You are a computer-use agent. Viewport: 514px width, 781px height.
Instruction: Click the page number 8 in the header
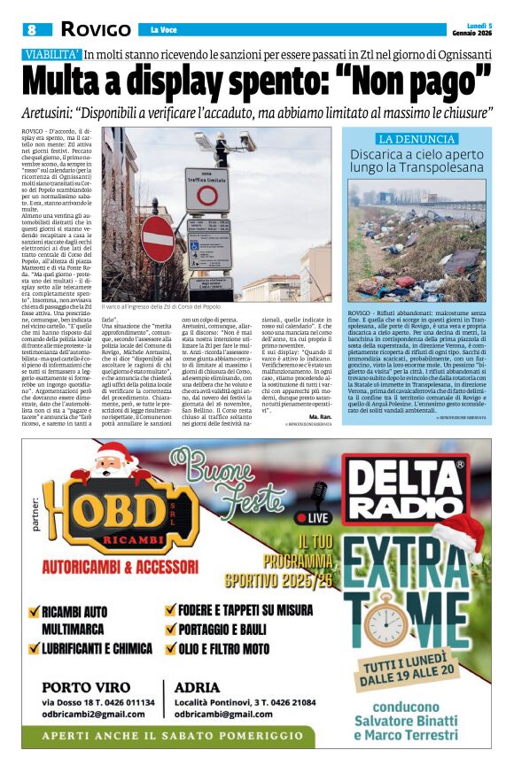[32, 29]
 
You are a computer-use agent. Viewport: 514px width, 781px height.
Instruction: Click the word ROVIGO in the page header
[96, 29]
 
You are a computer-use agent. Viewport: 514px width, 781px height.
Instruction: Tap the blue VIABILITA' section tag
[51, 54]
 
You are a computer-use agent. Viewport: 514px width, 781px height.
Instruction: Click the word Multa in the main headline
[74, 81]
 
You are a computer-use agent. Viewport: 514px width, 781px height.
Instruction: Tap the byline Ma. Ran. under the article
[320, 415]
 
